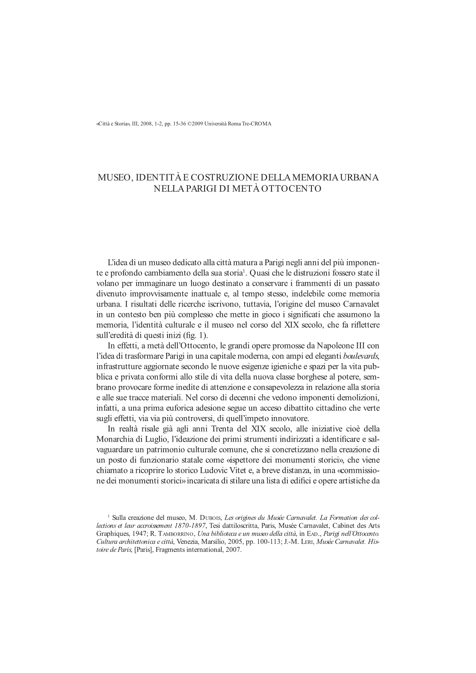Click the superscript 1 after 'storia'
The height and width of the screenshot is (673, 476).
[243, 272]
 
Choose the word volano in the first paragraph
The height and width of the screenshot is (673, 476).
[107, 283]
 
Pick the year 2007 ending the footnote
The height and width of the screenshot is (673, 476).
[233, 550]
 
